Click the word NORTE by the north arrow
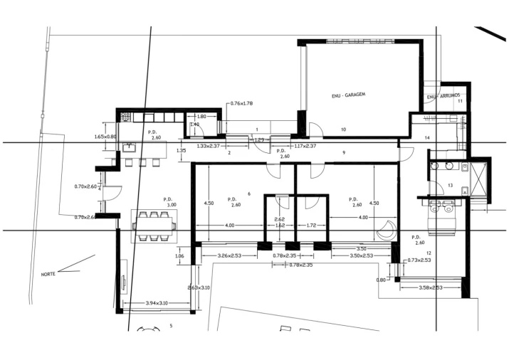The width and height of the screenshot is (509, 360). pos(48,274)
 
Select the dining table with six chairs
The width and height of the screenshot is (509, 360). pos(152,226)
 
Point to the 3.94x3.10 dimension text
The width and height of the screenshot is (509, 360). pos(156,304)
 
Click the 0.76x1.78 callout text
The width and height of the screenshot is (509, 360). pos(242,103)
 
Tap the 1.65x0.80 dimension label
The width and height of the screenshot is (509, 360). pos(105,137)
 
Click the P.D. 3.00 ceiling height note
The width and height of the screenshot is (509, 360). pos(169,202)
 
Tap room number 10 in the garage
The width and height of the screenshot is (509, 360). pos(343,129)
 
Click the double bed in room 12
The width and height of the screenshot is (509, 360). pos(444,215)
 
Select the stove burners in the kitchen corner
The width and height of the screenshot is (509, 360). pos(125,116)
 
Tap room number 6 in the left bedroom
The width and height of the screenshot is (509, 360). pos(248,194)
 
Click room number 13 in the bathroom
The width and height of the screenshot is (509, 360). pos(450,186)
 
